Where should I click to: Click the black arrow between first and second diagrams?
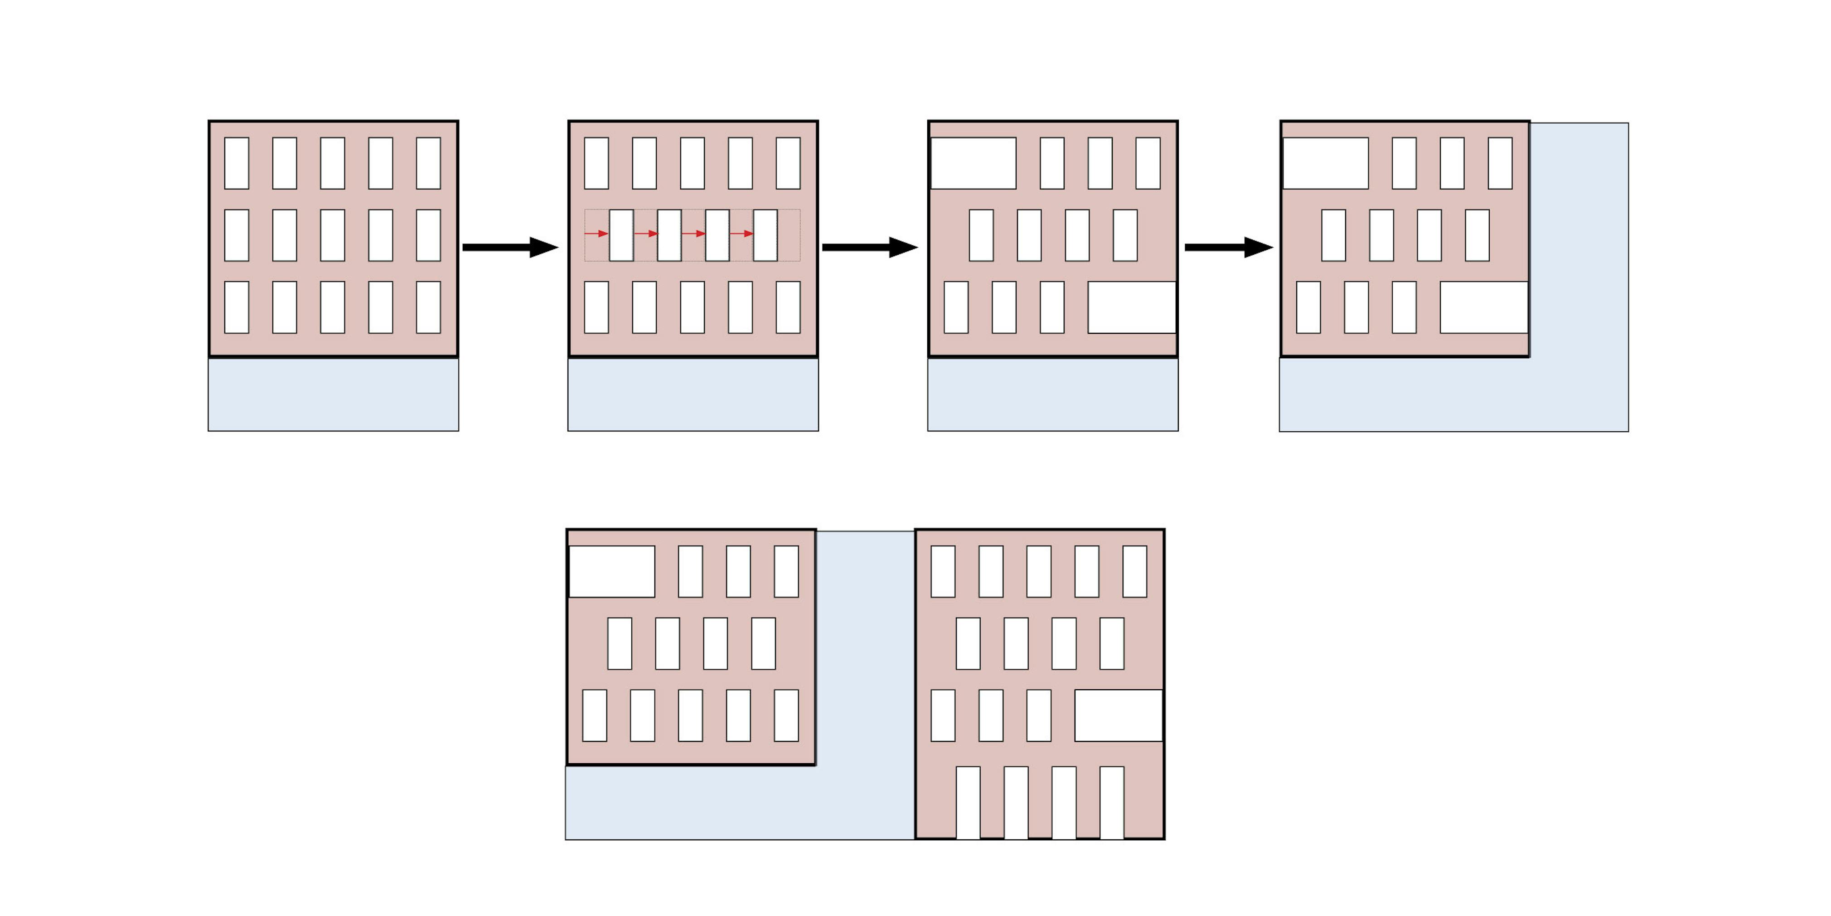pyautogui.click(x=509, y=248)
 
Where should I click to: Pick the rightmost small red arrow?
pyautogui.click(x=741, y=233)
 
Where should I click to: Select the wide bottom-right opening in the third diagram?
pyautogui.click(x=1132, y=307)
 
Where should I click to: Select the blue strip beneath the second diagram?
pyautogui.click(x=693, y=395)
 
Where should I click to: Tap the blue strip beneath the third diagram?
pyautogui.click(x=1053, y=395)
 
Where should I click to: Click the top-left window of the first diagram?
pyautogui.click(x=237, y=164)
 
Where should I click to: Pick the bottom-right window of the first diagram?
pyautogui.click(x=428, y=307)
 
